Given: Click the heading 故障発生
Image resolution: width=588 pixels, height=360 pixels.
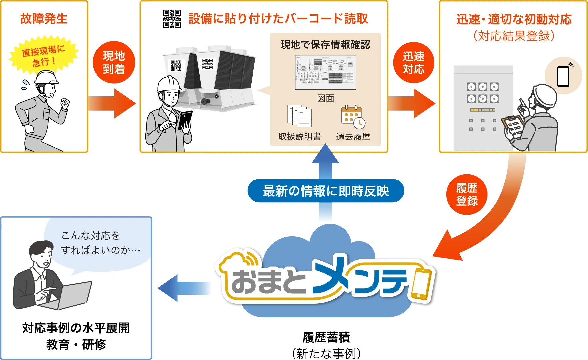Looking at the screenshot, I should tap(44, 19).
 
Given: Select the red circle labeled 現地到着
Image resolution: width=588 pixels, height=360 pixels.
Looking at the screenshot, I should tap(114, 62).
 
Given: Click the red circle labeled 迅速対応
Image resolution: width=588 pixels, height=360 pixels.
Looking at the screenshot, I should tap(413, 62).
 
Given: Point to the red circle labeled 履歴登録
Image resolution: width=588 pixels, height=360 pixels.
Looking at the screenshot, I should tap(467, 194).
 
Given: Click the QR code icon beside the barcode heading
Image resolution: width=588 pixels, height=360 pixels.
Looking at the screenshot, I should tap(172, 19).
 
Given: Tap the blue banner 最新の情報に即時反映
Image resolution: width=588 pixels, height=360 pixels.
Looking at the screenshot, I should tap(325, 191).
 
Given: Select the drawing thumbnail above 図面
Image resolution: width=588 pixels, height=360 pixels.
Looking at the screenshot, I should tap(325, 72).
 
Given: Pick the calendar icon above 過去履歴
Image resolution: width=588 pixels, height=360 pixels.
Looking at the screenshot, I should tap(353, 117).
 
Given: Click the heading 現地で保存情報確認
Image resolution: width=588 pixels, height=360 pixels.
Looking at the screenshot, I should tap(325, 45).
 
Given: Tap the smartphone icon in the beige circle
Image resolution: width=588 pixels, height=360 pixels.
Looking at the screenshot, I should tap(563, 76).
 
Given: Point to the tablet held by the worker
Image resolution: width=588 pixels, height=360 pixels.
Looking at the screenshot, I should tap(185, 120).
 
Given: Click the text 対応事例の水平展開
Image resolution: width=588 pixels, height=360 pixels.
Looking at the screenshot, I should tap(76, 328).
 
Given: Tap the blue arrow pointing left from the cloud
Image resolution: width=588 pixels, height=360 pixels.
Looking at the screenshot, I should tap(183, 288).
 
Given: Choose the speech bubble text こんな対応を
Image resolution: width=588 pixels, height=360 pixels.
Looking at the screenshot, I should tap(90, 236).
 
